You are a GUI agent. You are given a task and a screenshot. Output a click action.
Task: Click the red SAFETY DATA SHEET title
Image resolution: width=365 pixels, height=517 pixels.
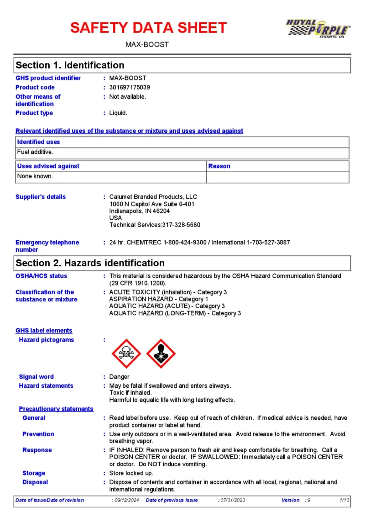(x=148, y=28)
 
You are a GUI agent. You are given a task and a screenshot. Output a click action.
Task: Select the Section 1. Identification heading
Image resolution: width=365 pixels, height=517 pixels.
(x=70, y=65)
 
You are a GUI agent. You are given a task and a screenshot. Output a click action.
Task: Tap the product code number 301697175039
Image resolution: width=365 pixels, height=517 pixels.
(x=130, y=87)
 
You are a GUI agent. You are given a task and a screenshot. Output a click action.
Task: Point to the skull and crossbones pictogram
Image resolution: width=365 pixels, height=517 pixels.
(x=126, y=353)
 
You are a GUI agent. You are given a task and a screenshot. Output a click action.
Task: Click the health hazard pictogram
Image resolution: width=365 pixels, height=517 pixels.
(x=161, y=353)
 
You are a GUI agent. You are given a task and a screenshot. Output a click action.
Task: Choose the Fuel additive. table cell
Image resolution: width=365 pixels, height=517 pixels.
(x=36, y=152)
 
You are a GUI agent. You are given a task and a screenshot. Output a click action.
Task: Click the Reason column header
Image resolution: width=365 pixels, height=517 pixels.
(x=219, y=166)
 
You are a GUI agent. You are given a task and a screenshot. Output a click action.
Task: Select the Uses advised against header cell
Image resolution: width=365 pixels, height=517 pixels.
(x=48, y=166)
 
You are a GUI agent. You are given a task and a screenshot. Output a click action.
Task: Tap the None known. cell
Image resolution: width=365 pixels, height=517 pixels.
(x=35, y=176)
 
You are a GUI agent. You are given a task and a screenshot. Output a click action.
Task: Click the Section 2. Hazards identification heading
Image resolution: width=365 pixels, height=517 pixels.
(x=90, y=263)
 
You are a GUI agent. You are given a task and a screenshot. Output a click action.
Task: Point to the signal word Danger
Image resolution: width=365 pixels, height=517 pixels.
(x=119, y=377)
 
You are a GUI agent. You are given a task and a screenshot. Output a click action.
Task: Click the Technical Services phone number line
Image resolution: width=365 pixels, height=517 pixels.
(x=155, y=225)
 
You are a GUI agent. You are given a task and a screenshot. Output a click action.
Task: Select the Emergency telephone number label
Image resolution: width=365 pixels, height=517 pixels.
(x=47, y=246)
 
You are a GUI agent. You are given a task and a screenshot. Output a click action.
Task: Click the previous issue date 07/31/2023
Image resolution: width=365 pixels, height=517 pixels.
(x=233, y=500)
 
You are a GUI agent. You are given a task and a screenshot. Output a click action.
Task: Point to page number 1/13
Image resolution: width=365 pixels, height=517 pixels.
(x=345, y=500)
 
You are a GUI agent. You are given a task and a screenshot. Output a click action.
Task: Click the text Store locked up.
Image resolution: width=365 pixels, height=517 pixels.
(x=131, y=473)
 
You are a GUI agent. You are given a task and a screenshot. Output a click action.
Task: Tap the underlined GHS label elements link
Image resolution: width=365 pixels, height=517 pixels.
(x=44, y=331)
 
